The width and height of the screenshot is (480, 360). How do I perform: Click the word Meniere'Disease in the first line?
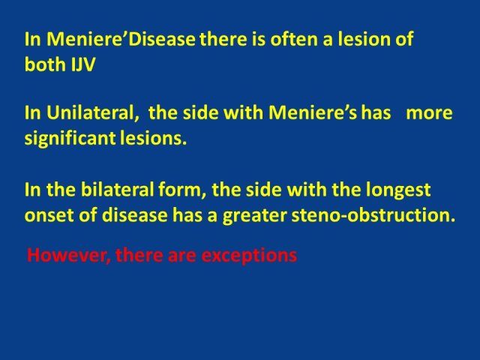pos(121,39)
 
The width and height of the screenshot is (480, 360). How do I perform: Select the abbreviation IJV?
pos(83,64)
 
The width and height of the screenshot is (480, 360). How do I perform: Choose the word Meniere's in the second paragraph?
pos(313,112)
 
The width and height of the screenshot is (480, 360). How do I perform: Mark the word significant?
pos(70,139)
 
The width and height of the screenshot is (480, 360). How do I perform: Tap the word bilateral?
pos(117,190)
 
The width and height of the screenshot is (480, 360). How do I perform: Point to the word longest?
pos(398,190)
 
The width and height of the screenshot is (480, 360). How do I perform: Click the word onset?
pos(49,215)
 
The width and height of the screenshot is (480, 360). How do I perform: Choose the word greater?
pos(255,216)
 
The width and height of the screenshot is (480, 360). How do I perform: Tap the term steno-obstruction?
pos(373,215)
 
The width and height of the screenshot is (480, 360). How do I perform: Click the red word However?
pos(69,255)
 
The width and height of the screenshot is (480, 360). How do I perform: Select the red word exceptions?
pos(249,256)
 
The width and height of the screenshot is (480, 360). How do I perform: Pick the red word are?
pos(181,256)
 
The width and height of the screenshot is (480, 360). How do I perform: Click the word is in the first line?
pos(258,39)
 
